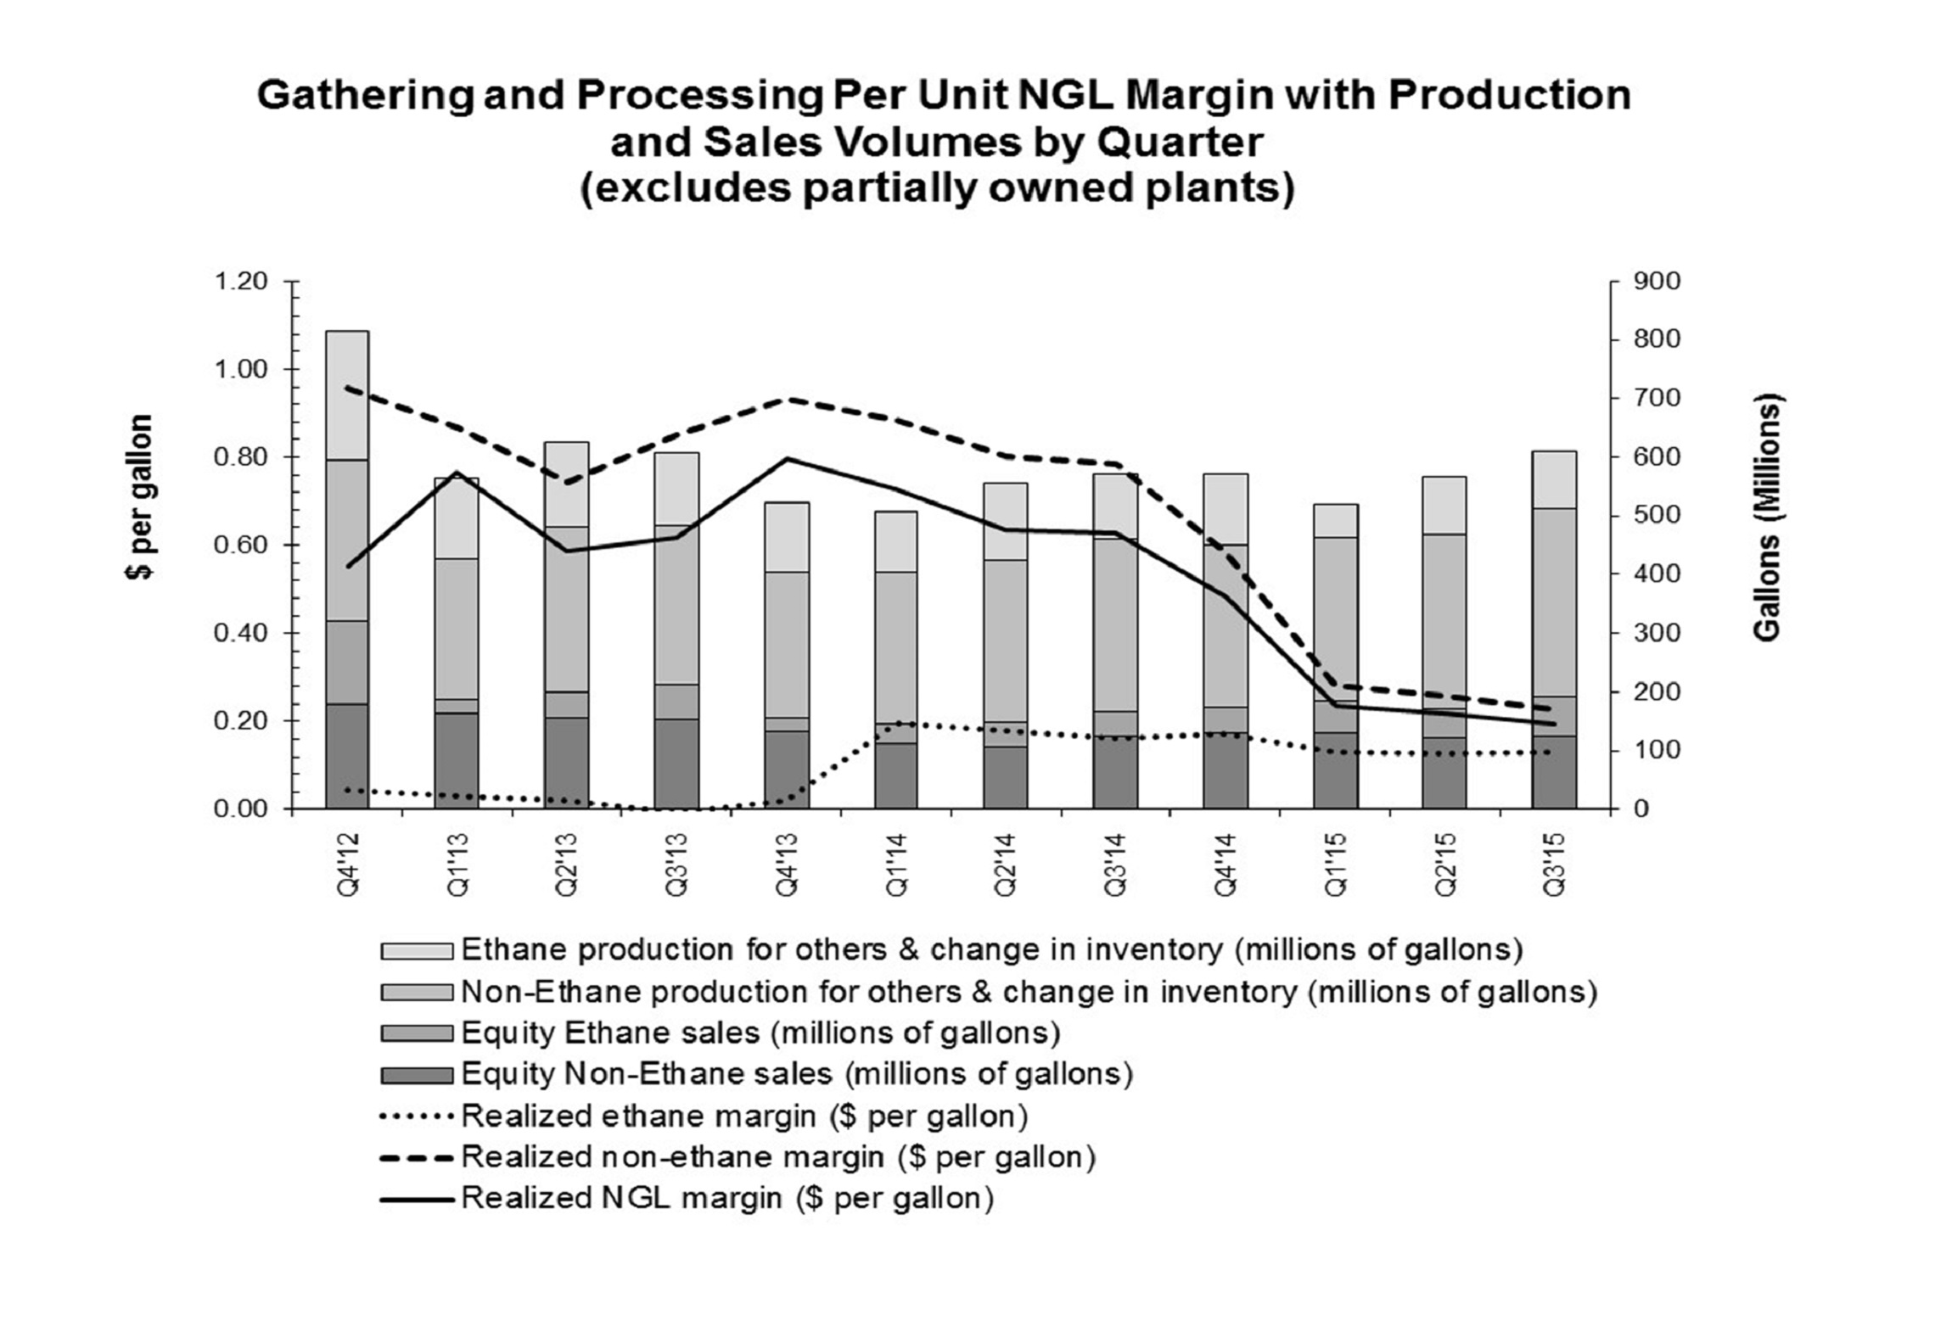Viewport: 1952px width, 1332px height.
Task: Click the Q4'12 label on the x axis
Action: coord(349,864)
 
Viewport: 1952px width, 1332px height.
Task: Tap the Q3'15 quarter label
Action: coord(1555,864)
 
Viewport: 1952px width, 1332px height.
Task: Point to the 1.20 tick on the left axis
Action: coord(241,281)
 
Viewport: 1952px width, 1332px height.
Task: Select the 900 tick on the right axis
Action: coord(1656,281)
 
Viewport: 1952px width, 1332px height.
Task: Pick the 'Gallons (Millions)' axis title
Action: coord(1767,518)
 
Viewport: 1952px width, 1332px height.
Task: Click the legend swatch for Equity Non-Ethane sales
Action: coord(416,1075)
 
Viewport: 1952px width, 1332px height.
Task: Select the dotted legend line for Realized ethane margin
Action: coord(416,1117)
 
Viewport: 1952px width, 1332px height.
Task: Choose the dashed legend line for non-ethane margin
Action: coord(416,1157)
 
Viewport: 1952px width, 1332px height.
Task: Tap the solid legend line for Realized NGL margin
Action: coord(416,1199)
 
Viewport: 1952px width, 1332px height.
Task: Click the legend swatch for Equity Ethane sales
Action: coord(416,1033)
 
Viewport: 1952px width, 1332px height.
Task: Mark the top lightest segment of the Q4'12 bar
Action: coord(347,395)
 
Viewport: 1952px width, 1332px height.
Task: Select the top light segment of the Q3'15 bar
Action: coord(1554,479)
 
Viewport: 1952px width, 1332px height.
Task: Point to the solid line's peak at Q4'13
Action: coord(787,458)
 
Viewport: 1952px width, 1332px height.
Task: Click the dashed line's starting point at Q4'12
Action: coord(347,388)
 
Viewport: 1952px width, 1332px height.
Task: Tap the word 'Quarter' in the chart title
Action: coord(1179,142)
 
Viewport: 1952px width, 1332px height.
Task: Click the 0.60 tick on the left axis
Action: coord(241,545)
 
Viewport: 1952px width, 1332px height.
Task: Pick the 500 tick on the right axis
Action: coord(1656,516)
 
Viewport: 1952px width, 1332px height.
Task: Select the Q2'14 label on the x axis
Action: coord(1006,864)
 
